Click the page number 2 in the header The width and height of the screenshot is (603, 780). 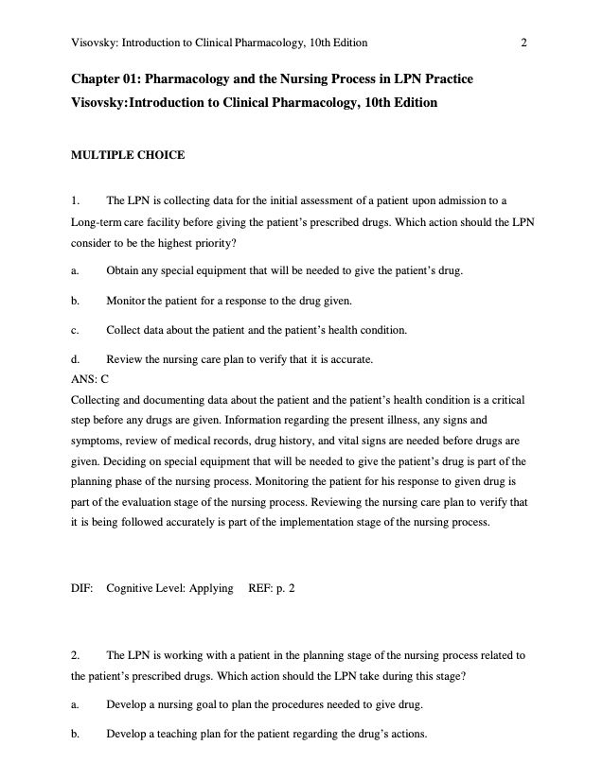[523, 42]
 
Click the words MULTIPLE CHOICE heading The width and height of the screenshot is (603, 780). [129, 155]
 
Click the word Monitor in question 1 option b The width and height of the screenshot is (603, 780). [127, 301]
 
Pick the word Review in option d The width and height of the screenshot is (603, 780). [124, 359]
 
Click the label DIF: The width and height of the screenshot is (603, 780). [82, 588]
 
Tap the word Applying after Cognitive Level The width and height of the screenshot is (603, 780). [211, 588]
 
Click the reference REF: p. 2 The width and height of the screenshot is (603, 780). [271, 588]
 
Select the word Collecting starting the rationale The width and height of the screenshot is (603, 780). [98, 400]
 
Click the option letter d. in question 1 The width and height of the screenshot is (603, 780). [75, 359]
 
